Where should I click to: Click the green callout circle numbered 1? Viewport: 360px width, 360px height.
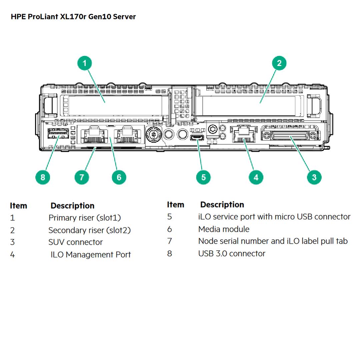(x=85, y=63)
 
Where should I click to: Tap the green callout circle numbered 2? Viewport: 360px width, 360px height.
(x=279, y=63)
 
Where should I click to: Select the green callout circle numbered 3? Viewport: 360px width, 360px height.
(x=314, y=177)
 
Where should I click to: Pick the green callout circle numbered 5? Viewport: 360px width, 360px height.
(x=203, y=177)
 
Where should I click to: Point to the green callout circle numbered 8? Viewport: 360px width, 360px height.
(x=43, y=177)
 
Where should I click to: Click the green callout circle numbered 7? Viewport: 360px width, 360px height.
(x=82, y=177)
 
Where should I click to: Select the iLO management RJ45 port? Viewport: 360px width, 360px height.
(x=243, y=135)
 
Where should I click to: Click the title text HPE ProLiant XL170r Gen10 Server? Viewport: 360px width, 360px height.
(x=73, y=17)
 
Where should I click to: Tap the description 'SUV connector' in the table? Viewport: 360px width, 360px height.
(x=75, y=242)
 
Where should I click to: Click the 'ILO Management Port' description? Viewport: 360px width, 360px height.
(x=91, y=255)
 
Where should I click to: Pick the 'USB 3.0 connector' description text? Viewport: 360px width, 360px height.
(x=232, y=254)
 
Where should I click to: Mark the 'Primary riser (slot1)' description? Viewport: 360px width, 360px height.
(x=85, y=218)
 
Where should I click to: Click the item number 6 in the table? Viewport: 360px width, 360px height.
(x=170, y=229)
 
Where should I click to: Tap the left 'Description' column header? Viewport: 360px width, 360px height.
(x=72, y=206)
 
